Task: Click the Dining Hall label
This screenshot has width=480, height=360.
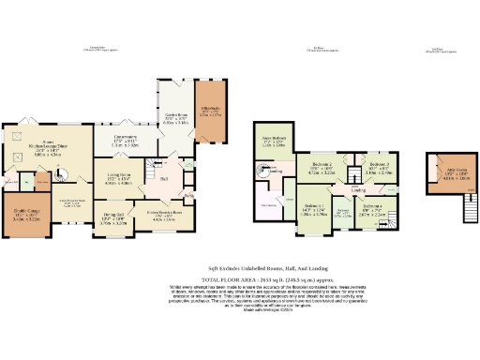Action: tap(112, 221)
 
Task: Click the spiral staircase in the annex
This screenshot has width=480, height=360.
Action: tap(63, 174)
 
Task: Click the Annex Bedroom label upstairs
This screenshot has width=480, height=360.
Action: tap(274, 143)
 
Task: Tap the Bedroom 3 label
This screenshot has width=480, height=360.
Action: tap(380, 170)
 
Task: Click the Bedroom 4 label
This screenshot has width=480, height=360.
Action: tap(372, 210)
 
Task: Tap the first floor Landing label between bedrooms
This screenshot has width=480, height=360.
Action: tap(357, 189)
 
